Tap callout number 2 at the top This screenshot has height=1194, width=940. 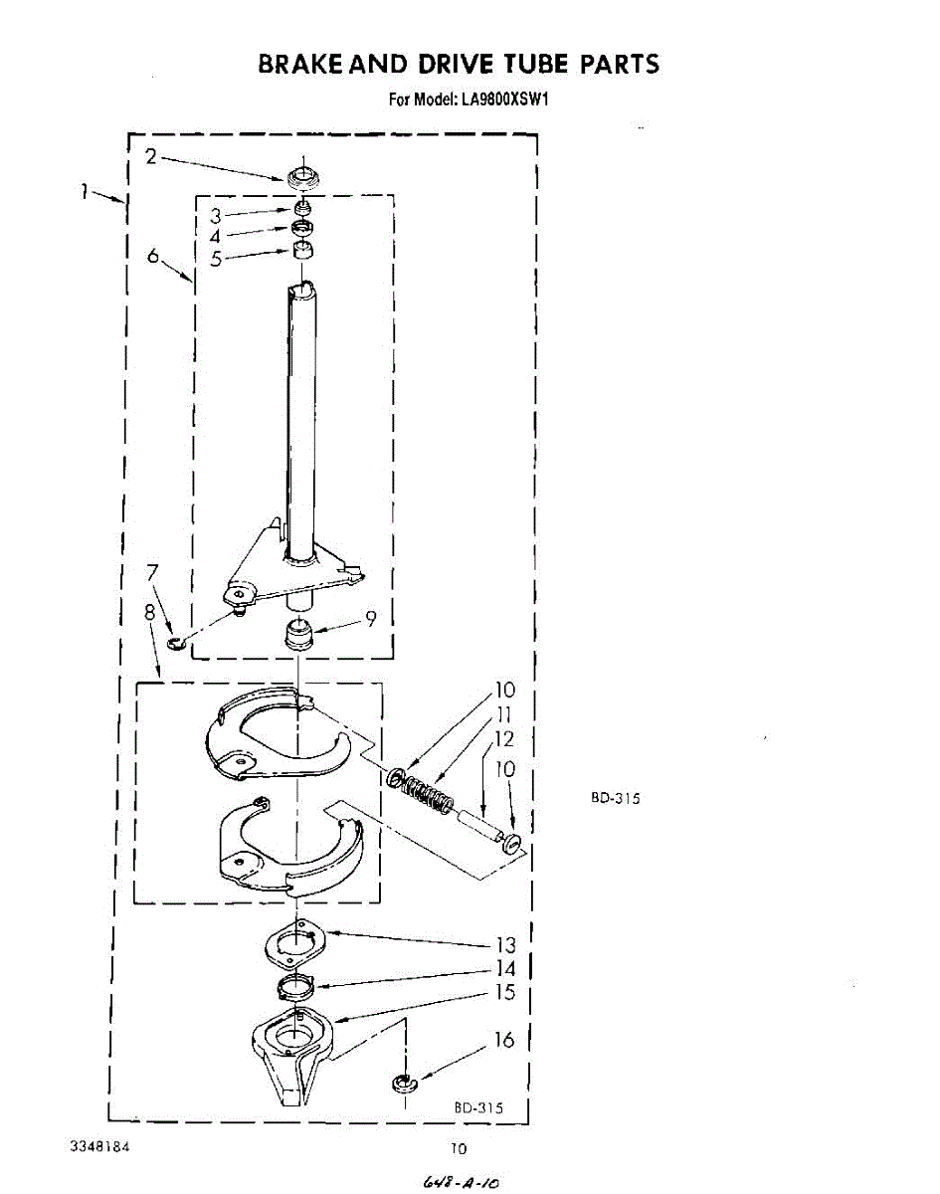150,155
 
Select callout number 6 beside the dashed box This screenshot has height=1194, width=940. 153,256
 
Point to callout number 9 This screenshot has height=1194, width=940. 370,619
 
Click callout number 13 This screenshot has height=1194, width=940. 506,944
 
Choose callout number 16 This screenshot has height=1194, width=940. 504,1040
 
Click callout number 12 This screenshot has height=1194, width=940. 504,738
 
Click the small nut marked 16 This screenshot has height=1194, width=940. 403,1083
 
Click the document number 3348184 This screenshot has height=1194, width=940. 100,1146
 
